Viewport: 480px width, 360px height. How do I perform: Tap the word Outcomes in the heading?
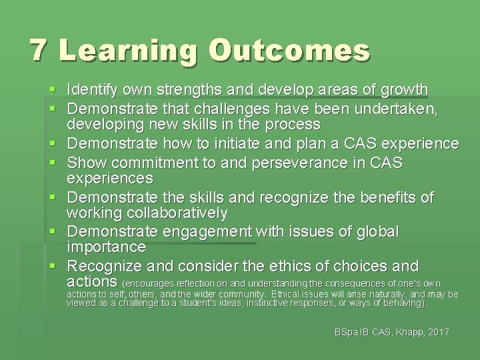point(289,51)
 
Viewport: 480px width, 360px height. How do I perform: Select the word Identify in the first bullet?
point(93,89)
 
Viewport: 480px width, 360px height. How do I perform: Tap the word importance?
point(107,247)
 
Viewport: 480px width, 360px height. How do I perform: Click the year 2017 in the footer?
point(437,332)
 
